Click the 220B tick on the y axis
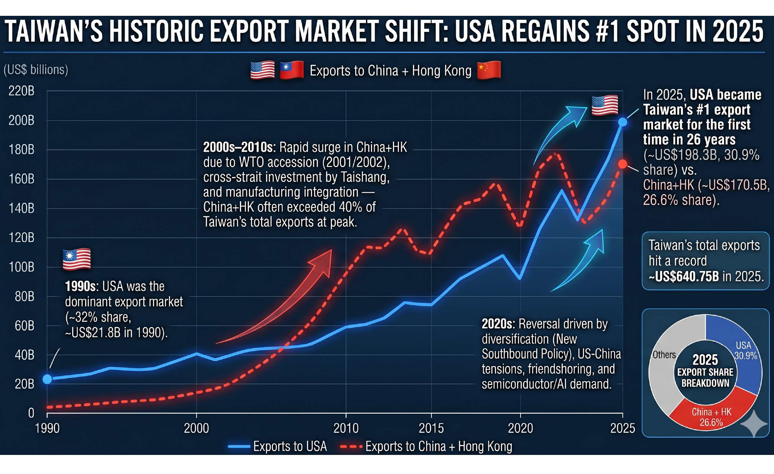pos(22,91)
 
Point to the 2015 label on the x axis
pos(431,428)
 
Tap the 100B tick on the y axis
pos(22,267)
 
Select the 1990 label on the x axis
pos(47,428)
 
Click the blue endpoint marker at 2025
pos(623,122)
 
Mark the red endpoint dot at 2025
pos(623,164)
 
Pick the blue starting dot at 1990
pos(47,379)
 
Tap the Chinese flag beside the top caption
pos(489,71)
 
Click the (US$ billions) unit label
pos(36,70)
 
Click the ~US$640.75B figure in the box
pos(683,277)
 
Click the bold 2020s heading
pos(498,324)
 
